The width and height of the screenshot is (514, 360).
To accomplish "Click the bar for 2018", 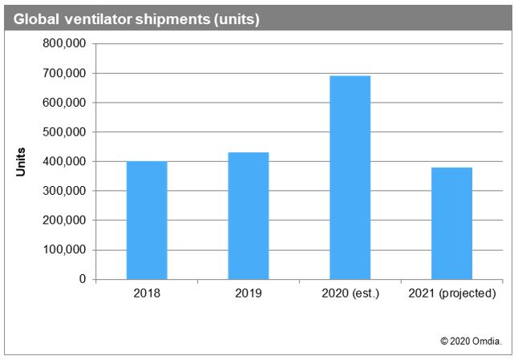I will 147,220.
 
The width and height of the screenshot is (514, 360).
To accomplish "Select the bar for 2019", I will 249,216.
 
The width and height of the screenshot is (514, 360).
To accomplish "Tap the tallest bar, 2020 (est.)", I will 350,177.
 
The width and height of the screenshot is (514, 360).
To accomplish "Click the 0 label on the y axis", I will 82,279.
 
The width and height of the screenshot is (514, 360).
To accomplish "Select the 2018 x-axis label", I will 147,293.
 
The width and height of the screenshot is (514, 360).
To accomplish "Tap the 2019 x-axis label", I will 249,293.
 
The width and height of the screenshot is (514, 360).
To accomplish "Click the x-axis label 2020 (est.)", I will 350,293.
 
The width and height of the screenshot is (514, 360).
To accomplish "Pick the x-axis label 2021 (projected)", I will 451,293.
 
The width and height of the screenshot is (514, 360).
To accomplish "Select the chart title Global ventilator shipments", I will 133,18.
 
